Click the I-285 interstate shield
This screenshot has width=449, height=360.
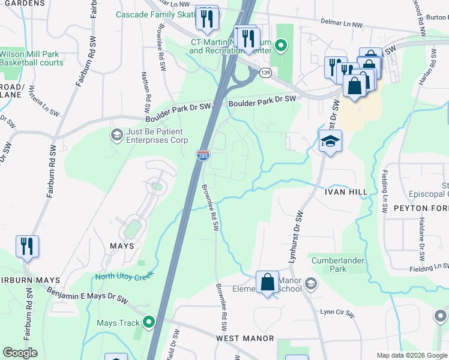(x=202, y=155)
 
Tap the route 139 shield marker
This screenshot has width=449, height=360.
(x=265, y=73)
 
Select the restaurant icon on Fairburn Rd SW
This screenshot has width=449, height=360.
(x=27, y=246)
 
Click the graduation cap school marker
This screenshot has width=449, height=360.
(x=330, y=142)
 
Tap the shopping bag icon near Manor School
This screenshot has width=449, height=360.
(x=267, y=282)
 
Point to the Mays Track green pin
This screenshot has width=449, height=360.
(x=148, y=323)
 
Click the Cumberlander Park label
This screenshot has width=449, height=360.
(x=330, y=265)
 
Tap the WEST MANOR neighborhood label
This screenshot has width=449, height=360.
(x=245, y=339)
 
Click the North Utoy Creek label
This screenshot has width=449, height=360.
(x=123, y=276)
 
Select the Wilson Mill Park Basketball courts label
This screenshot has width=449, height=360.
(x=31, y=58)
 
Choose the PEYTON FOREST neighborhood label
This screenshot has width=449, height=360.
(x=421, y=208)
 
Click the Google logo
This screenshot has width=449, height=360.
(x=20, y=353)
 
